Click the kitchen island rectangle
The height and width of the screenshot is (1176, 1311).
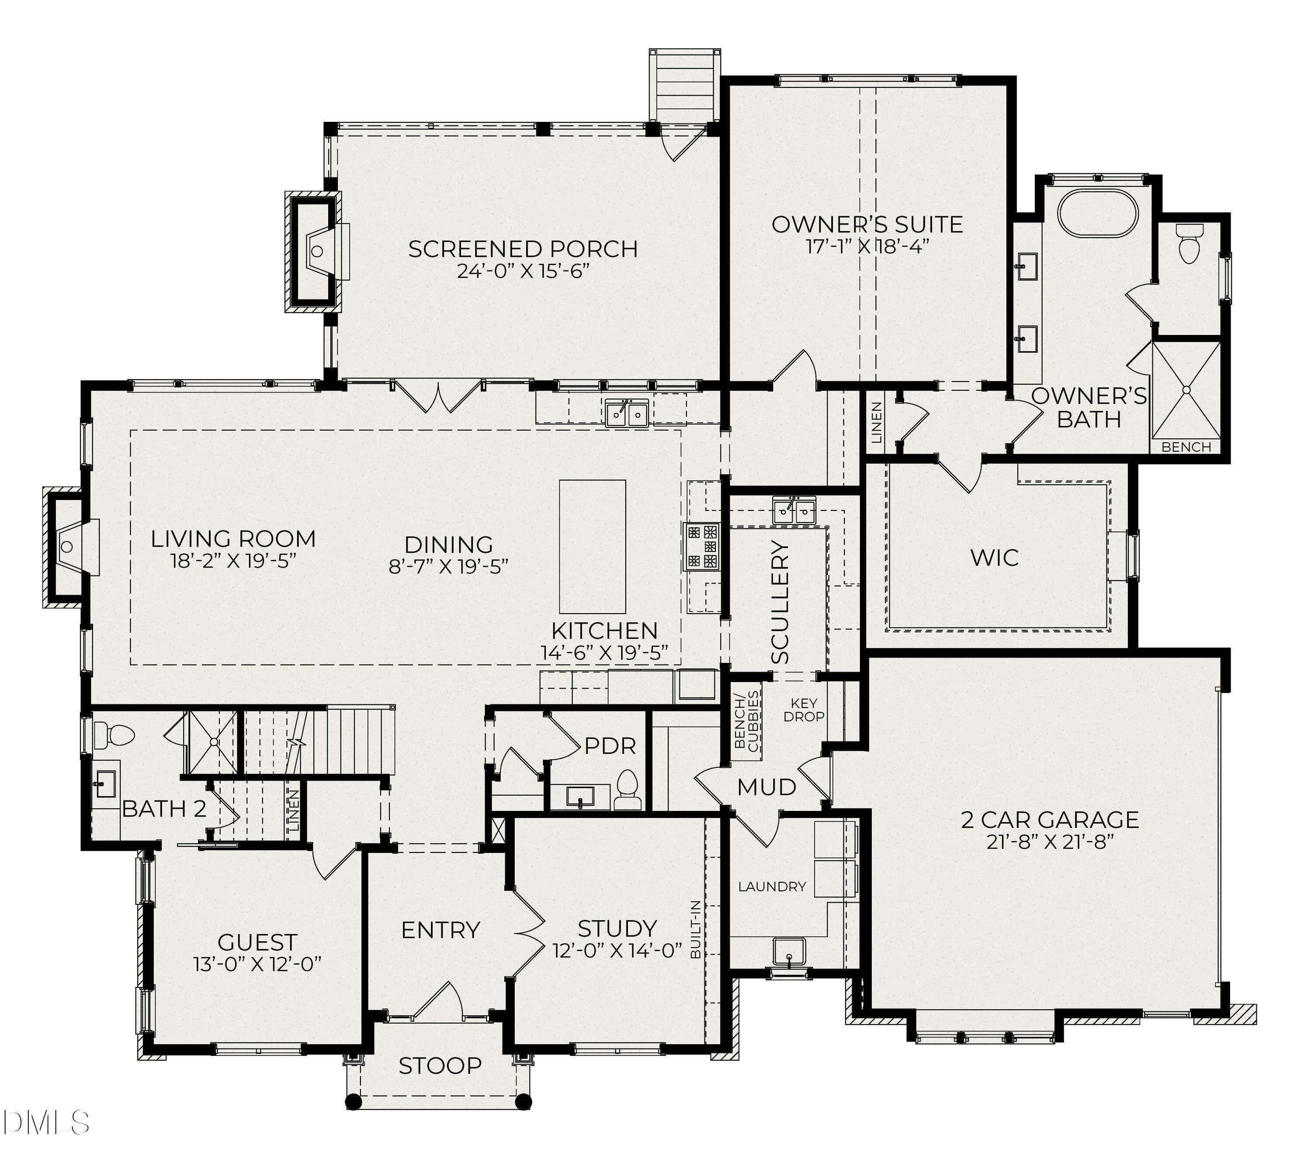pyautogui.click(x=592, y=547)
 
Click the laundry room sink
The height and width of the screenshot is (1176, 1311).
pyautogui.click(x=789, y=951)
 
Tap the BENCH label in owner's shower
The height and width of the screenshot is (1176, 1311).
pyautogui.click(x=1186, y=447)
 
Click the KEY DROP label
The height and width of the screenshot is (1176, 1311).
pyautogui.click(x=804, y=710)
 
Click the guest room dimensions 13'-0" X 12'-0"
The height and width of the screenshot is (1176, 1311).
pyautogui.click(x=257, y=964)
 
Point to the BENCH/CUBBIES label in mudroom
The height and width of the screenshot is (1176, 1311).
pyautogui.click(x=747, y=722)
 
